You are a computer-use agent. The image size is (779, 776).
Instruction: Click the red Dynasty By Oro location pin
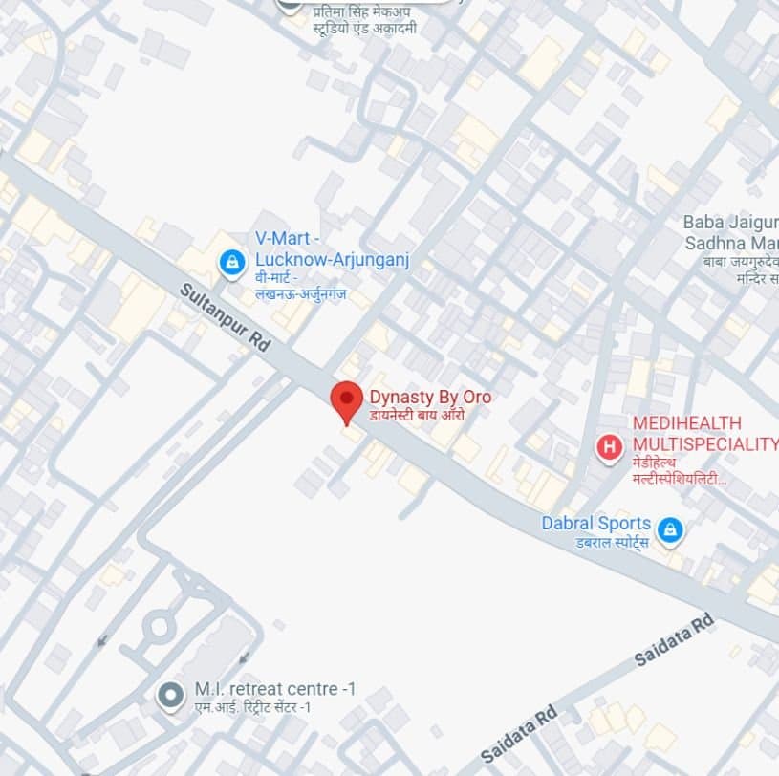(346, 400)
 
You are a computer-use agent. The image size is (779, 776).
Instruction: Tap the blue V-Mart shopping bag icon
(231, 261)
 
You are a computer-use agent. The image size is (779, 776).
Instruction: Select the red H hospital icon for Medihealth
(609, 446)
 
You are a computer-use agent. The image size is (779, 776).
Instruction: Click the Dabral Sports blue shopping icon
(671, 528)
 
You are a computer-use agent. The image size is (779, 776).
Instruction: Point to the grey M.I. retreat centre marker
(171, 696)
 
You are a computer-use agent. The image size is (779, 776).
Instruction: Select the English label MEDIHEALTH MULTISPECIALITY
(705, 433)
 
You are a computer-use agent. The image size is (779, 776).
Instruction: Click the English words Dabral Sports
(595, 524)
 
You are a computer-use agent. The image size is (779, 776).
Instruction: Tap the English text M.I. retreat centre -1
(266, 689)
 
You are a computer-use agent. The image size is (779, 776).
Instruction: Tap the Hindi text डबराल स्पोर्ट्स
(595, 542)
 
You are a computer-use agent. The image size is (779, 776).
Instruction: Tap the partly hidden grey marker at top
(290, 4)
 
